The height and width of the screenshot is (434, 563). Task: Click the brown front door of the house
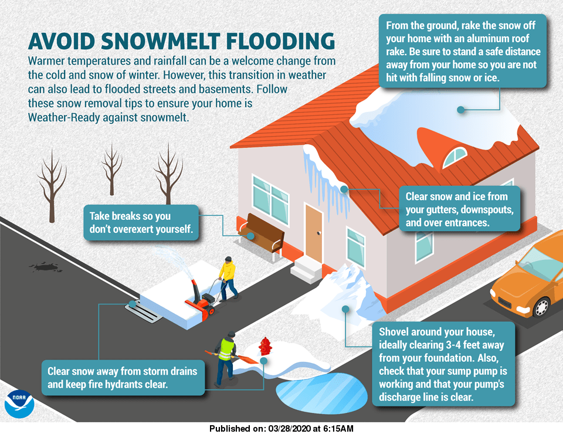coord(314,233)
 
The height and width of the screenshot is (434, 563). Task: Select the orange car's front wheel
coord(541,307)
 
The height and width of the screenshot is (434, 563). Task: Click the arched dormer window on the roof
coord(455,155)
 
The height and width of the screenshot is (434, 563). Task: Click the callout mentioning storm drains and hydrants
coord(123,377)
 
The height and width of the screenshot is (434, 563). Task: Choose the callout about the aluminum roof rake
coord(463,52)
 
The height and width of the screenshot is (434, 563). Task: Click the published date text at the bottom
coord(281,429)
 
